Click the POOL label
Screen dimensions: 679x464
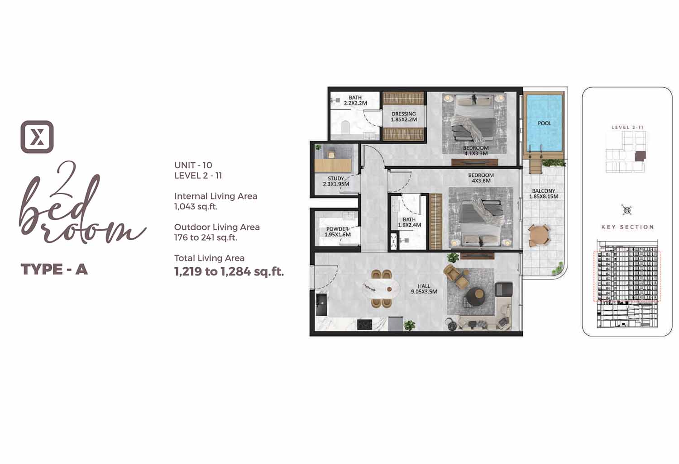pos(545,123)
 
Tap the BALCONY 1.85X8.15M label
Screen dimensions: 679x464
pos(544,194)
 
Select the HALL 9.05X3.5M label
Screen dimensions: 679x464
pos(424,289)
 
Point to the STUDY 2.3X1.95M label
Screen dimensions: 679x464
pos(336,181)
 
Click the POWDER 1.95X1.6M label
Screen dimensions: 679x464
pos(337,232)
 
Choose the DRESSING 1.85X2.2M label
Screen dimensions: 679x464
pos(404,117)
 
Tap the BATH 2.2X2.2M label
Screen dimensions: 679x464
pos(355,100)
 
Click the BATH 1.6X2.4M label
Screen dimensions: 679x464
pos(409,222)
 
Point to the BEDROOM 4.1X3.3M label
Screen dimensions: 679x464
pos(476,151)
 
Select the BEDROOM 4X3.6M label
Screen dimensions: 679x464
pos(481,178)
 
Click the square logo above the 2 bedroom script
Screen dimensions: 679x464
pos(37,137)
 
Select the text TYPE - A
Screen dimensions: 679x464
pos(54,269)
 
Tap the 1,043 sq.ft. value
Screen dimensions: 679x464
pos(196,207)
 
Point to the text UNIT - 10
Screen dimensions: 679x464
pos(193,165)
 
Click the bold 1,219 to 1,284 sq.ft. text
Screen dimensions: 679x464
pos(229,272)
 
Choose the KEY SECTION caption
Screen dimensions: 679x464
pos(628,227)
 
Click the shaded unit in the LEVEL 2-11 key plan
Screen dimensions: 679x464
pos(640,156)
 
